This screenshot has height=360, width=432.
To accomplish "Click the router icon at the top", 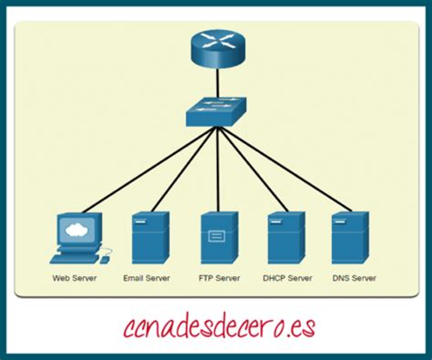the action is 218,49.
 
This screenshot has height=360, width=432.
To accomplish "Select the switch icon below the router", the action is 217,112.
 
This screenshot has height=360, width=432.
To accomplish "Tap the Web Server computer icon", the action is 80,238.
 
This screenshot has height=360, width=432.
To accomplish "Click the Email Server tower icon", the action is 150,238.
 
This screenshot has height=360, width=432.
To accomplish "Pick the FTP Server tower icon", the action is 219,238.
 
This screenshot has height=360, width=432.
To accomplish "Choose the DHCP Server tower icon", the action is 286,238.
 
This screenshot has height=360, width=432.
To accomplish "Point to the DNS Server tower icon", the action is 351,238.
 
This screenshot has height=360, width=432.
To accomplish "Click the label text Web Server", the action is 75,278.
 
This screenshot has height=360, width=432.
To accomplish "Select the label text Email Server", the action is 147,278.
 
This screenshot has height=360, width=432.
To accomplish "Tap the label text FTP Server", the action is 220,278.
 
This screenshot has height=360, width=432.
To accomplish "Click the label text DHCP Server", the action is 287,278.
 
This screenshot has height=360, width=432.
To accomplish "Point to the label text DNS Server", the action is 355,278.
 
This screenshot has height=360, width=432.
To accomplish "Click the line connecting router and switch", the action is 218,84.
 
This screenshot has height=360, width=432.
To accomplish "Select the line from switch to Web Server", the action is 149,170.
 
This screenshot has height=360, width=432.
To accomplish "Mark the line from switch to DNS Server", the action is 285,169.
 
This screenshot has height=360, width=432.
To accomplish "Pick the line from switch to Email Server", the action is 185,169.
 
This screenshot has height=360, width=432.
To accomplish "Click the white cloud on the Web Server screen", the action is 77,230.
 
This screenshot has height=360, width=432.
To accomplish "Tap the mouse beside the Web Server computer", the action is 105,260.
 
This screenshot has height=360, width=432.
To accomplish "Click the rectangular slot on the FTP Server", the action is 217,236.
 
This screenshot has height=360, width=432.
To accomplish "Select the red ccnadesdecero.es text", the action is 220,327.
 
